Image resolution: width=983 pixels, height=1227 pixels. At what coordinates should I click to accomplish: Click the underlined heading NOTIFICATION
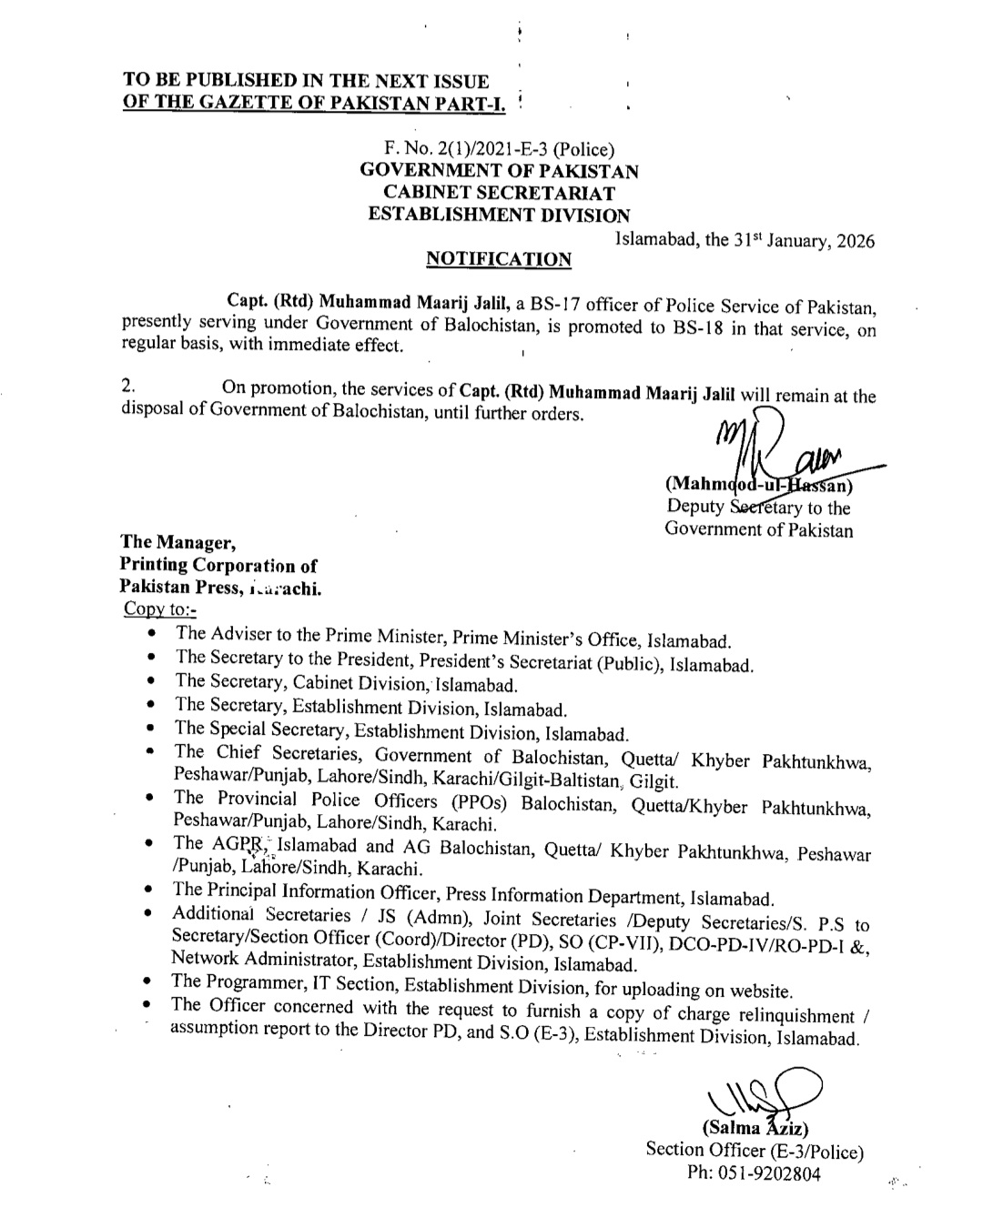499,259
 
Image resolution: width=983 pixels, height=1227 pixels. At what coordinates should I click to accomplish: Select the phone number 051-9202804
767,1173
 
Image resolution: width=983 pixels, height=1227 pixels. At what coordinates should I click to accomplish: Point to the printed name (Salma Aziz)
755,1129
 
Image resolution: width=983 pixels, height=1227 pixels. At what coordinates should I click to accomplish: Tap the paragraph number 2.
127,387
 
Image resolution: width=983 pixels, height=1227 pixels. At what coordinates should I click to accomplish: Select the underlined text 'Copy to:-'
158,608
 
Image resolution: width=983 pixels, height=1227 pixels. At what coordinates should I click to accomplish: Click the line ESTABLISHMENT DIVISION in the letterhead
499,216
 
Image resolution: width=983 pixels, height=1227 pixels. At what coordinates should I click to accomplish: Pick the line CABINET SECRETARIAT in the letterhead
499,193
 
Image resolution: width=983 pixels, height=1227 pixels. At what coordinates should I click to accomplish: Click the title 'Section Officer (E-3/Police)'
755,1151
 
